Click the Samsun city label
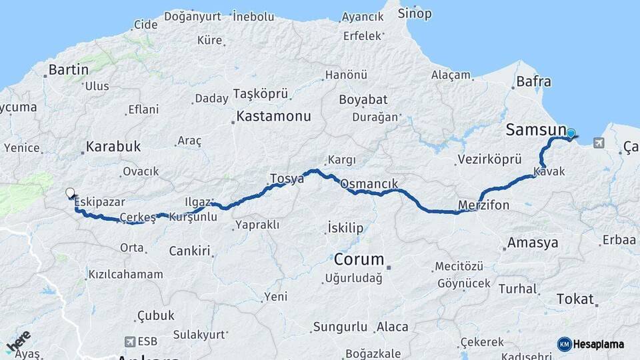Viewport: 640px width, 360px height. (536, 130)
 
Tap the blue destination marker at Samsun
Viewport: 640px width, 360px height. (571, 133)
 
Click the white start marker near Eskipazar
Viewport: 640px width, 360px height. (70, 193)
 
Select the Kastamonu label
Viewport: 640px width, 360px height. (274, 116)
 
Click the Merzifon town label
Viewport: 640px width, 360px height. (484, 205)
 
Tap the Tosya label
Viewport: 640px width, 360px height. (287, 178)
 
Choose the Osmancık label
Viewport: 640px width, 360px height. (369, 183)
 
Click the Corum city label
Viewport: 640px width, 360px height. (359, 259)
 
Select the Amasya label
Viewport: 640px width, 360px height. (533, 243)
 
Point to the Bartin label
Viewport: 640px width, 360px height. (69, 70)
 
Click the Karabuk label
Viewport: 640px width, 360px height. (113, 147)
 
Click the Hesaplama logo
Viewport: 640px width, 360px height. (591, 344)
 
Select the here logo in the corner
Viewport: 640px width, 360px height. (19, 342)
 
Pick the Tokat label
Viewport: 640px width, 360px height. (574, 299)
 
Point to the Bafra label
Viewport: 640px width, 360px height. (533, 82)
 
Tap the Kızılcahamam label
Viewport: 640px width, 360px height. (125, 274)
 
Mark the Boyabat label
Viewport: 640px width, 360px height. (363, 99)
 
